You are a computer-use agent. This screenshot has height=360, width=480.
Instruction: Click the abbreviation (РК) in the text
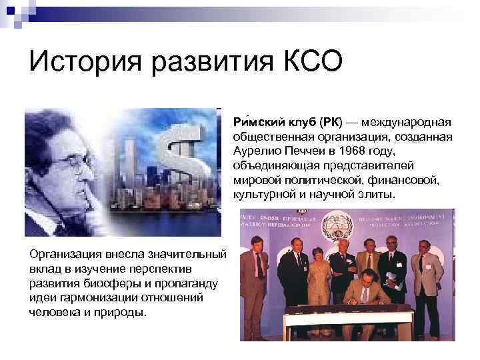[x=330, y=123]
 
